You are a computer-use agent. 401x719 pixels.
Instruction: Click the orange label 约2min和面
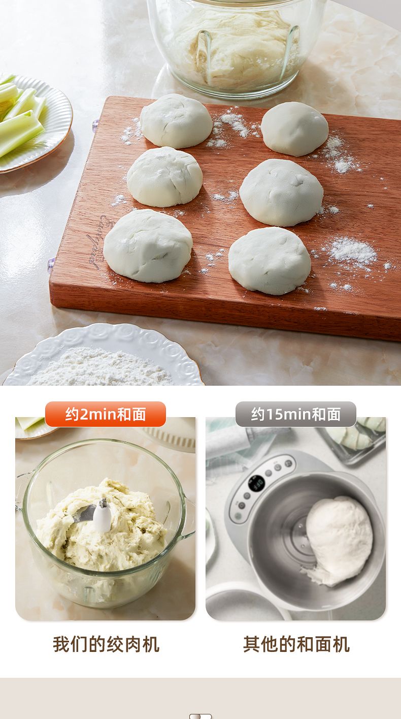point(106,414)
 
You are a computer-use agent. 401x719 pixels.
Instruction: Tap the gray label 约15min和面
point(296,414)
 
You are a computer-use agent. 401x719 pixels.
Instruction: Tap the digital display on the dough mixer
point(257,484)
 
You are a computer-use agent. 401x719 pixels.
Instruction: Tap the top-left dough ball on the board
point(176,121)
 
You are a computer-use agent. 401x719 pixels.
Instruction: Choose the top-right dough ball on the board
point(294,129)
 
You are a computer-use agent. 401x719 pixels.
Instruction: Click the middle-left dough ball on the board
point(164,176)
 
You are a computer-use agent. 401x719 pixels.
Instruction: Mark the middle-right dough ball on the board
point(281,192)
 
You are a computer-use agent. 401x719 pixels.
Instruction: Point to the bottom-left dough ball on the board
point(148,245)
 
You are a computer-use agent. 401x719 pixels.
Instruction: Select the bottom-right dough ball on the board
point(270,261)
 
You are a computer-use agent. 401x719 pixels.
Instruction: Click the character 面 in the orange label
point(139,414)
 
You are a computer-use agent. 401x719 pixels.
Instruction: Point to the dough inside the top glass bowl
point(234,48)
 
